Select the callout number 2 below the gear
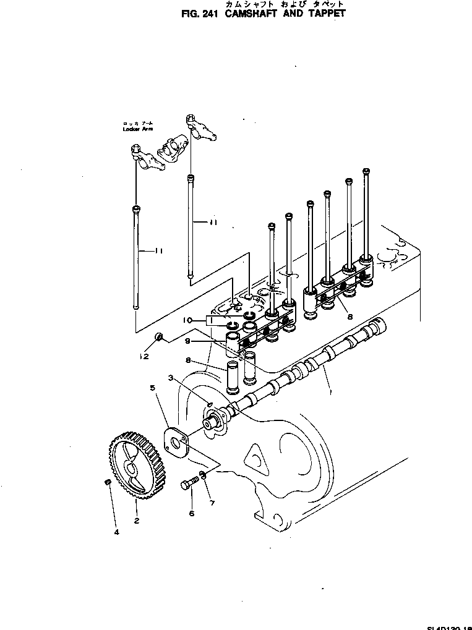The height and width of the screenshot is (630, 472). click(x=137, y=520)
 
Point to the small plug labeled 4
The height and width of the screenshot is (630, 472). click(x=107, y=482)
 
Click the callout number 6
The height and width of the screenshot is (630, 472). click(x=191, y=513)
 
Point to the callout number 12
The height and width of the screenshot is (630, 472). click(x=144, y=356)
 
